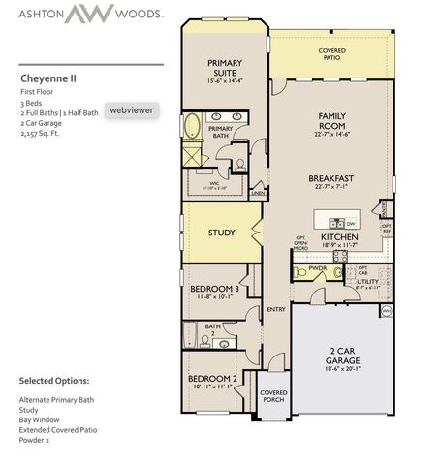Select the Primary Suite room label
229,69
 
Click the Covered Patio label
332,53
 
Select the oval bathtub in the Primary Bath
192,127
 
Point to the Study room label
221,232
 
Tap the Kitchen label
339,236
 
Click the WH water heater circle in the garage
386,310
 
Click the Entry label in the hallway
274,310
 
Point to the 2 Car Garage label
341,354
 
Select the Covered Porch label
272,395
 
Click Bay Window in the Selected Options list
41,418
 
